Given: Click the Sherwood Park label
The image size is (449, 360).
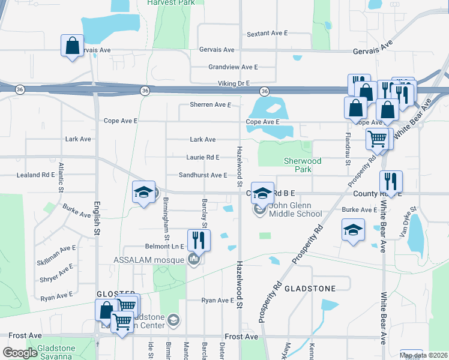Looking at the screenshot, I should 303,166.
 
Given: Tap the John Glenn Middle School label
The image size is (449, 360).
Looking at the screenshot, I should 295,209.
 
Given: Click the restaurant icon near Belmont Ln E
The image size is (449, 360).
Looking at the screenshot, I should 199,240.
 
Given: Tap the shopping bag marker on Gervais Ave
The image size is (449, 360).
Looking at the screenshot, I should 72,46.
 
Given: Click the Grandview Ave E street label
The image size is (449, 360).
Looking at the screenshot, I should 233,67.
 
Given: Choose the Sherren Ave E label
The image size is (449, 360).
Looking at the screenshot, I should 210,104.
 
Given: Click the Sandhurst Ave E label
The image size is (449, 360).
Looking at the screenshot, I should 203,175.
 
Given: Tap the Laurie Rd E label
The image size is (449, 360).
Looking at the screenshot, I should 203,157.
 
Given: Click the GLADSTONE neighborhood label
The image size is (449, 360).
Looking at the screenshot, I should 310,289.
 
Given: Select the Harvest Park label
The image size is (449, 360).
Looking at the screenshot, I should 173,2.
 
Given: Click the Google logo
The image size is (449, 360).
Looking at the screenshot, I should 20,353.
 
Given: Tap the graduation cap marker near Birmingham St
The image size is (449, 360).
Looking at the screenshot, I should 143,192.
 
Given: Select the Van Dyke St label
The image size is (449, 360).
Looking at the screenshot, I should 409,221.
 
